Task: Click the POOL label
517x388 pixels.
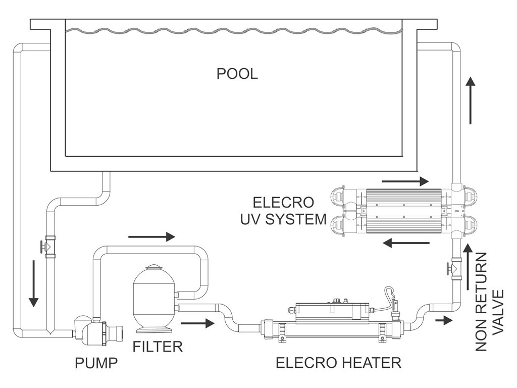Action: (x=237, y=74)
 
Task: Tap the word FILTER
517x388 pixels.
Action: (x=158, y=347)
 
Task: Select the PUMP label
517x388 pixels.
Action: (x=96, y=363)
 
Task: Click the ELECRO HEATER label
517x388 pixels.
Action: (x=339, y=363)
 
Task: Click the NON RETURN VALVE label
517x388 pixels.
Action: (x=489, y=302)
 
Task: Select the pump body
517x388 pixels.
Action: (x=97, y=328)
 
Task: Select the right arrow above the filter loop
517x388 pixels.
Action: (x=151, y=236)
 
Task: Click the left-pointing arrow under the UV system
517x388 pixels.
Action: (x=406, y=243)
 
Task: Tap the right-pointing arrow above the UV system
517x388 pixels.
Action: (x=405, y=181)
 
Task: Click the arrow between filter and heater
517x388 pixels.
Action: (x=198, y=323)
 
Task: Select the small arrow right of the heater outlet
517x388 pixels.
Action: (x=443, y=320)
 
